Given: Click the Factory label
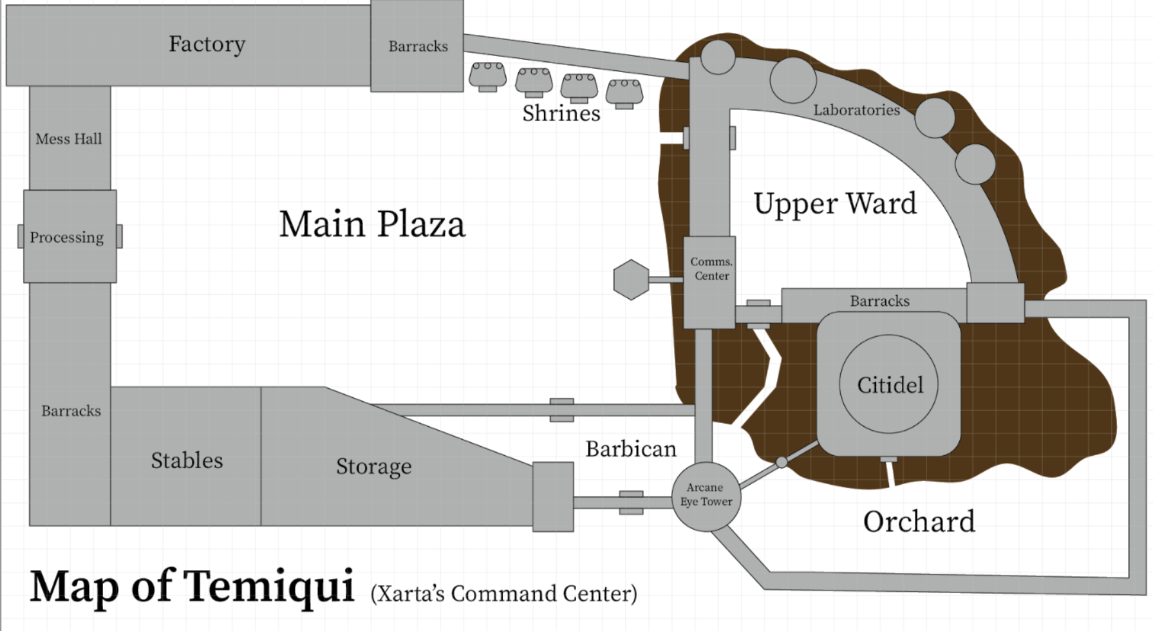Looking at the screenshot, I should (x=207, y=44).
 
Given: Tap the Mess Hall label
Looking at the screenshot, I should (x=69, y=138).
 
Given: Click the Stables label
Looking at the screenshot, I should (x=187, y=460).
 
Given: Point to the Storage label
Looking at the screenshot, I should (x=373, y=466).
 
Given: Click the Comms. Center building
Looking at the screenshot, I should (x=709, y=282).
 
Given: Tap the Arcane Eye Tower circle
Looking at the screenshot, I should (x=706, y=496).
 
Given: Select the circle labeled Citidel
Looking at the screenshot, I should (x=888, y=384).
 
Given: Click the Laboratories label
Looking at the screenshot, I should (x=856, y=110).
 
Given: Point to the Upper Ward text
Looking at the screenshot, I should (x=835, y=203).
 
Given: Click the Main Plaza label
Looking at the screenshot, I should (x=372, y=224).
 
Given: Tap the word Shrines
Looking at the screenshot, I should (x=561, y=113).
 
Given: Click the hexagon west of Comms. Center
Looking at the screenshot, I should (x=631, y=279).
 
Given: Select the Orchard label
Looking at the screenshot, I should (x=919, y=522).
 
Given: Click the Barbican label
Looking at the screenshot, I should (x=631, y=449).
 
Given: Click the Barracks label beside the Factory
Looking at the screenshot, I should (x=418, y=46).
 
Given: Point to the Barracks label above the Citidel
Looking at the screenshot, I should (x=879, y=301).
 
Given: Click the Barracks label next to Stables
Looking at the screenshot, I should (x=71, y=411).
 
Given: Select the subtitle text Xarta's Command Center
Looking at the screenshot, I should (x=504, y=593).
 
